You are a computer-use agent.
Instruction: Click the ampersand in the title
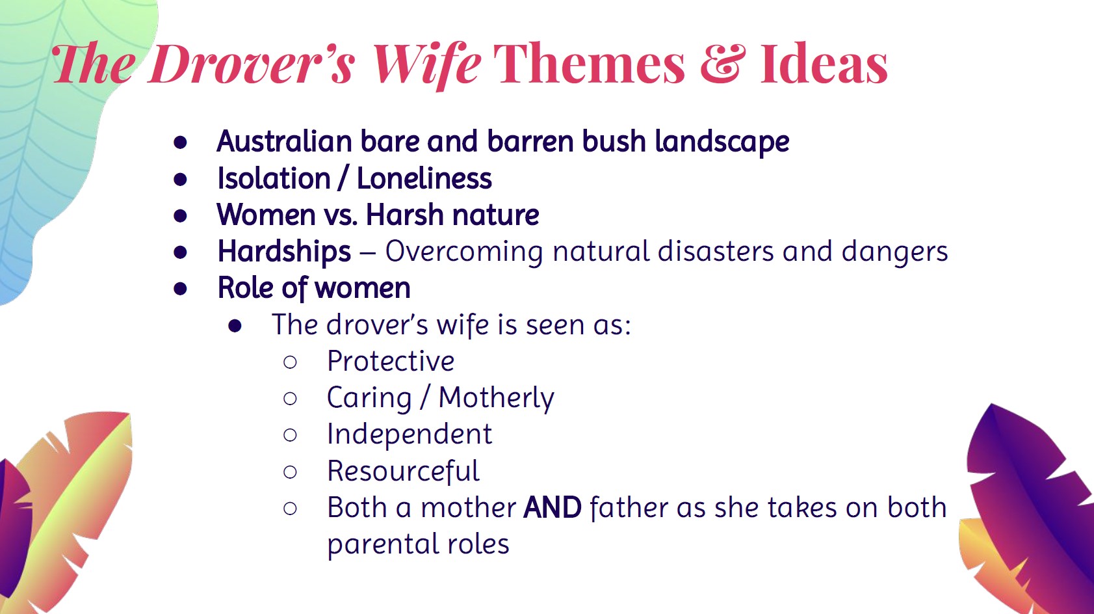(720, 64)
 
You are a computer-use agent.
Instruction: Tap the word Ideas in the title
(824, 64)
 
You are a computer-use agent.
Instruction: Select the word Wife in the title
(426, 64)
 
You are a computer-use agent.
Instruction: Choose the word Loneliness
(424, 178)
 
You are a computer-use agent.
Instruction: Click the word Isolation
(274, 178)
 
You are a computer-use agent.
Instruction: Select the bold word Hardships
(284, 252)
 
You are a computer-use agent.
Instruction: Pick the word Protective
(391, 361)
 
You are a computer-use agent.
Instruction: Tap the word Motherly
(496, 398)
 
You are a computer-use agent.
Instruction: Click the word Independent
(410, 434)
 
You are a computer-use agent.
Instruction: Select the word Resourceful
(403, 471)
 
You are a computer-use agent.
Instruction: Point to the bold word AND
(553, 507)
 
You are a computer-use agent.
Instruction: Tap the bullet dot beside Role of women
(181, 289)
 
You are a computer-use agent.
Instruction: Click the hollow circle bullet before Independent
(291, 434)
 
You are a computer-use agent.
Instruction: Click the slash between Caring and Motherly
(425, 398)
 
